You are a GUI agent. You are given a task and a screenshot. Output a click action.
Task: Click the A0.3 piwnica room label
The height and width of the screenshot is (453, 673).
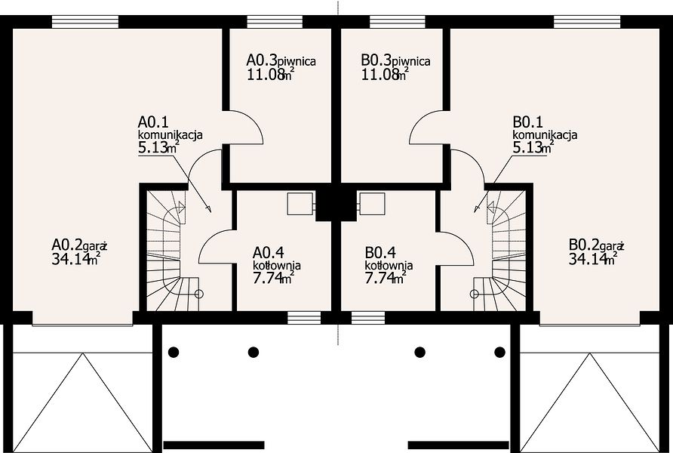coord(281,60)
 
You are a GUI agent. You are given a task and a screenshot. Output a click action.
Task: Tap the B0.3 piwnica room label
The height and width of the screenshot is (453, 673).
coord(396,60)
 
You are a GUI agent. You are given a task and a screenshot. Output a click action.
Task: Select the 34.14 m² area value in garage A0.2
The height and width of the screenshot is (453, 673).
coord(76,258)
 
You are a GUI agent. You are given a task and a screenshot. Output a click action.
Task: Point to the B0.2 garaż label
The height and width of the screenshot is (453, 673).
coord(596,245)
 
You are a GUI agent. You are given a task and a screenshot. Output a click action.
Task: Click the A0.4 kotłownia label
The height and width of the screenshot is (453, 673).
coord(277,258)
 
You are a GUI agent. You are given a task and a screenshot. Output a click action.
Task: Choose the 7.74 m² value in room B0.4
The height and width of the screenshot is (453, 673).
coord(386,279)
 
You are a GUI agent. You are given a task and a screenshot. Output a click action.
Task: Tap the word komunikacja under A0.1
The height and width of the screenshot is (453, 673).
coord(170,134)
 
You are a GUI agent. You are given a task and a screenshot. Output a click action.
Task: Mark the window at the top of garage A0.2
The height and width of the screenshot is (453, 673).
coord(85,22)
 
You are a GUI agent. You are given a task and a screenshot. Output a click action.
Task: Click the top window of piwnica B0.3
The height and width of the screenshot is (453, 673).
coord(398,22)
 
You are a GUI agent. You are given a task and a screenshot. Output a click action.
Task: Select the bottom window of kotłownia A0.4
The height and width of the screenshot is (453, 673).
coord(304,318)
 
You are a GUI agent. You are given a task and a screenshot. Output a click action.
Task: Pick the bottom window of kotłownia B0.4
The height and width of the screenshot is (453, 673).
coord(368,318)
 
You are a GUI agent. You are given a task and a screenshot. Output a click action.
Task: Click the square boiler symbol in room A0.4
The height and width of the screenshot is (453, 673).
coord(300,204)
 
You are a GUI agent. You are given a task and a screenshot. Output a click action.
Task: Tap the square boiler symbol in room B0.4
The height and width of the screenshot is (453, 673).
coord(373,204)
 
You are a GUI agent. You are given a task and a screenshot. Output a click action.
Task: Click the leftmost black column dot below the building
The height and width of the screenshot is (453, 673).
coord(174,352)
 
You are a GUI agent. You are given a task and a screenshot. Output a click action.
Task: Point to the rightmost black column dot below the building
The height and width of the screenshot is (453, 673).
coord(499,352)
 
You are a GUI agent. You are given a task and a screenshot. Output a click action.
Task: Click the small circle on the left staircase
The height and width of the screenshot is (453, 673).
coord(198,294)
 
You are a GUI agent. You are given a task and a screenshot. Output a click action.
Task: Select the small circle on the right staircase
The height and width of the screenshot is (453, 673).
coord(475,294)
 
